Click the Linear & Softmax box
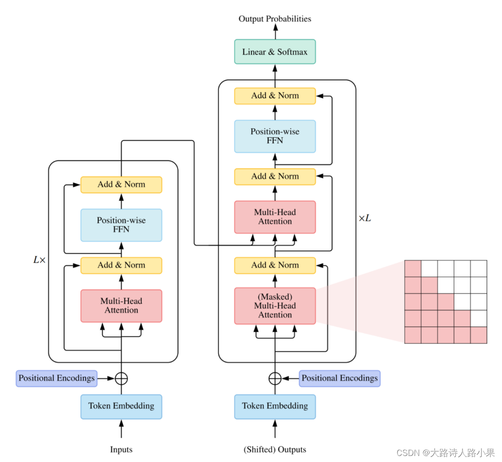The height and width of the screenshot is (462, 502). (275, 52)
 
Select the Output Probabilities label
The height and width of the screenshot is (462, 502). (275, 19)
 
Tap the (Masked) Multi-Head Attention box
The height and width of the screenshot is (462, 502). (275, 306)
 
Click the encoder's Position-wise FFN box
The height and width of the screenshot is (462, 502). (121, 225)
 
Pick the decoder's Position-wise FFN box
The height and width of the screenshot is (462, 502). (275, 136)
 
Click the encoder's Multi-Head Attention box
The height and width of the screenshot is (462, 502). (121, 306)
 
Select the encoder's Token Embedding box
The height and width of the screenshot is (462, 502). (121, 406)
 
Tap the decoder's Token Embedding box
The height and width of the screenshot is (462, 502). (275, 406)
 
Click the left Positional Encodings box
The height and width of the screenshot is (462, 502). (57, 378)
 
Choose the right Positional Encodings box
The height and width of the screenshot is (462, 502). (339, 378)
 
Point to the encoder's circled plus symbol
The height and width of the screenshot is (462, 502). (121, 378)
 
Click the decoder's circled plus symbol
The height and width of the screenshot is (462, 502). (275, 378)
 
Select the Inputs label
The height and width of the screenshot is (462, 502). (121, 449)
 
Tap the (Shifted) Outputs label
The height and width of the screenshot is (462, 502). (275, 449)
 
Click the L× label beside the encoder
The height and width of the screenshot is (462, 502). (40, 260)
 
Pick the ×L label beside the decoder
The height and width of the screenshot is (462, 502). (365, 218)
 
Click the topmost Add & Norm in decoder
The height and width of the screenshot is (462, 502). (275, 96)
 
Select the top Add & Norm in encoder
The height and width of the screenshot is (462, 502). (121, 185)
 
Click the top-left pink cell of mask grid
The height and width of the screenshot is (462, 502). (413, 269)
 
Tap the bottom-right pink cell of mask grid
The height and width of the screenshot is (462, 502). (479, 335)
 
